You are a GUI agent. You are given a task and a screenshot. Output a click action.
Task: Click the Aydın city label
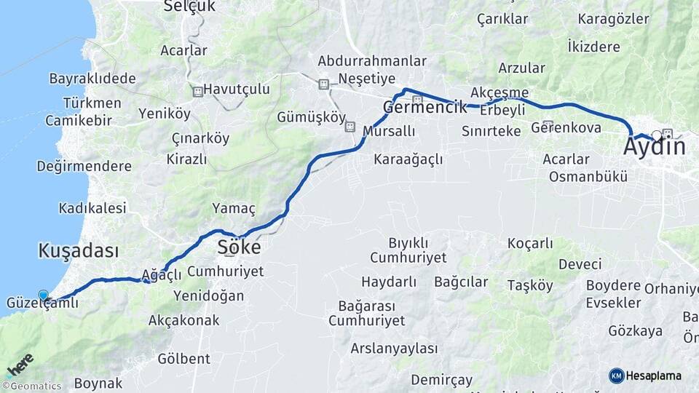tap(654, 148)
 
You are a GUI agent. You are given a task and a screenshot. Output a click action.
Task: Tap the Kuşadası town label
tap(78, 251)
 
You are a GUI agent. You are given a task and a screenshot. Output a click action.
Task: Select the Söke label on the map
tap(239, 248)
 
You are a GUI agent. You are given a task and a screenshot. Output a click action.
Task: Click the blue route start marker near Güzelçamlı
tap(44, 295)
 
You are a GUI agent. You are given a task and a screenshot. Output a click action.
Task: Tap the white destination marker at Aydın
tap(657, 135)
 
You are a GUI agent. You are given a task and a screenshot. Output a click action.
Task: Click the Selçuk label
tap(189, 7)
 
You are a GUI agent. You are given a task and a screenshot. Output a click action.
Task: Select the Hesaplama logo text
tap(654, 376)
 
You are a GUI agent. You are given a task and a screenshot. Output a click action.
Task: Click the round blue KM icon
tap(617, 376)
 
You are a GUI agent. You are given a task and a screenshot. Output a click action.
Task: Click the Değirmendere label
tap(84, 166)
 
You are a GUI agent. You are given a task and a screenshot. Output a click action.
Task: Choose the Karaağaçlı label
tap(408, 159)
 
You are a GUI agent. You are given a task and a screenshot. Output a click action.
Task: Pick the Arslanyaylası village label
tap(394, 349)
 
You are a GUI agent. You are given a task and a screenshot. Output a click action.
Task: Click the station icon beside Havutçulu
tap(197, 92)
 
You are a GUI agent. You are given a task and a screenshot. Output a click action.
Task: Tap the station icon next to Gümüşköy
tap(349, 127)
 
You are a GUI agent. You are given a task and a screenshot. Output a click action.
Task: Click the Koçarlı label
tap(529, 243)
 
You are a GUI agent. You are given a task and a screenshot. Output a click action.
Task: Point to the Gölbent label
tap(183, 358)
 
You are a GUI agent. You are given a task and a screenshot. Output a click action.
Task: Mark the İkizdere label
tap(593, 47)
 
